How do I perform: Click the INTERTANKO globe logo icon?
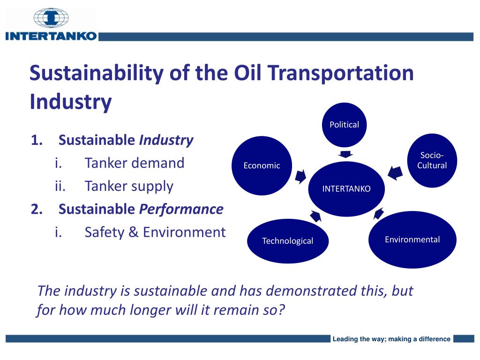point(51,18)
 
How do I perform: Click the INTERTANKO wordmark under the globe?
point(51,36)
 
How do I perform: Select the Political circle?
point(344,124)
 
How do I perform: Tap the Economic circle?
point(262,165)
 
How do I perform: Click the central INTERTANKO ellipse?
point(346,189)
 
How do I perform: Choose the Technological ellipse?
point(287,241)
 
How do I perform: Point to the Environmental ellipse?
point(412,240)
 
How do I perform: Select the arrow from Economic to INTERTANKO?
point(300,176)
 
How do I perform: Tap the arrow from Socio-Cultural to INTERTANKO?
point(395,172)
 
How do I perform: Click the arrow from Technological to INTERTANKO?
point(315,216)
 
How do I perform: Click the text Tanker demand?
point(134,163)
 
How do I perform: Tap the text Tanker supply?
point(129,186)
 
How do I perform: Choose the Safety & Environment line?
point(155,232)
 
